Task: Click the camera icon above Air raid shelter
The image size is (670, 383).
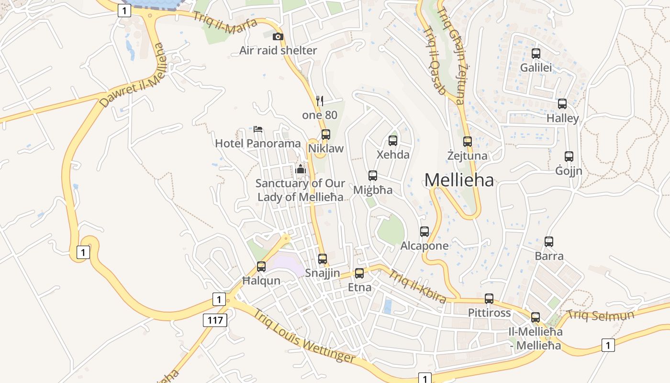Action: [278, 36]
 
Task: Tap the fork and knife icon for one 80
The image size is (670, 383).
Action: [320, 101]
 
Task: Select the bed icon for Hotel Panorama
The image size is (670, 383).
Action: [258, 129]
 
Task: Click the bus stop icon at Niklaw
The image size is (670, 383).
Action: [326, 134]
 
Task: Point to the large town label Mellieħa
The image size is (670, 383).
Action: [459, 180]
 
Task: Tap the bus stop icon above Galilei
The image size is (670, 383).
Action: [536, 53]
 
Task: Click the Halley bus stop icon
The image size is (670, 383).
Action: [562, 103]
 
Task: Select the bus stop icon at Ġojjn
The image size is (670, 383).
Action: [569, 156]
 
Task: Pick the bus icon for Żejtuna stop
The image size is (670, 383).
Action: [468, 141]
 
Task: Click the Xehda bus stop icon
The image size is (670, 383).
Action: [393, 140]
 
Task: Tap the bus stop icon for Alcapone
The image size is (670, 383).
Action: [424, 231]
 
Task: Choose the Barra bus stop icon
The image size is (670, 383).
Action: [549, 241]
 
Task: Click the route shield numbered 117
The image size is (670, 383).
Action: [215, 320]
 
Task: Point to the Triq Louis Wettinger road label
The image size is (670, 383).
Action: [304, 337]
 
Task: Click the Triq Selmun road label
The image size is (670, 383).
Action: [600, 315]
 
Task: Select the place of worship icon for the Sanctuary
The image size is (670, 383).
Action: [301, 169]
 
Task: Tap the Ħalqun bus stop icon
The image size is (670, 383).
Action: [261, 266]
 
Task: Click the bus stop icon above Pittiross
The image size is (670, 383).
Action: [489, 298]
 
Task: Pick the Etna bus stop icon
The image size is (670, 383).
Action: [359, 273]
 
